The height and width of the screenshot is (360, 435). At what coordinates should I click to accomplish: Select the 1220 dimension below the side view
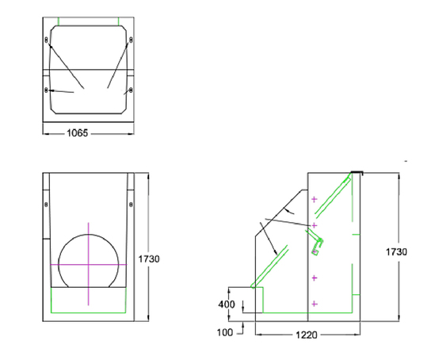coord(307,335)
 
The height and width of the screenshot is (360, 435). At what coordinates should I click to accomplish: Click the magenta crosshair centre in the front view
coord(89,262)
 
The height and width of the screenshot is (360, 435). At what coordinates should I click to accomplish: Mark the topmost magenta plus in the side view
coord(315,199)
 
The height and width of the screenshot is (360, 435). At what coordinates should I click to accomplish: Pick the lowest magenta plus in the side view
coord(315,304)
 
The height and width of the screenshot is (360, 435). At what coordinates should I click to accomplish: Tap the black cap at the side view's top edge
coord(357,170)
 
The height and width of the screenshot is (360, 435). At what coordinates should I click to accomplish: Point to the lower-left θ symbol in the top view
coord(47,90)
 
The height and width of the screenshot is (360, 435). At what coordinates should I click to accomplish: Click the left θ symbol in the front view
coord(46,205)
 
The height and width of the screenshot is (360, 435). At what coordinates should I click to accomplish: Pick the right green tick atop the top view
coord(118,21)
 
